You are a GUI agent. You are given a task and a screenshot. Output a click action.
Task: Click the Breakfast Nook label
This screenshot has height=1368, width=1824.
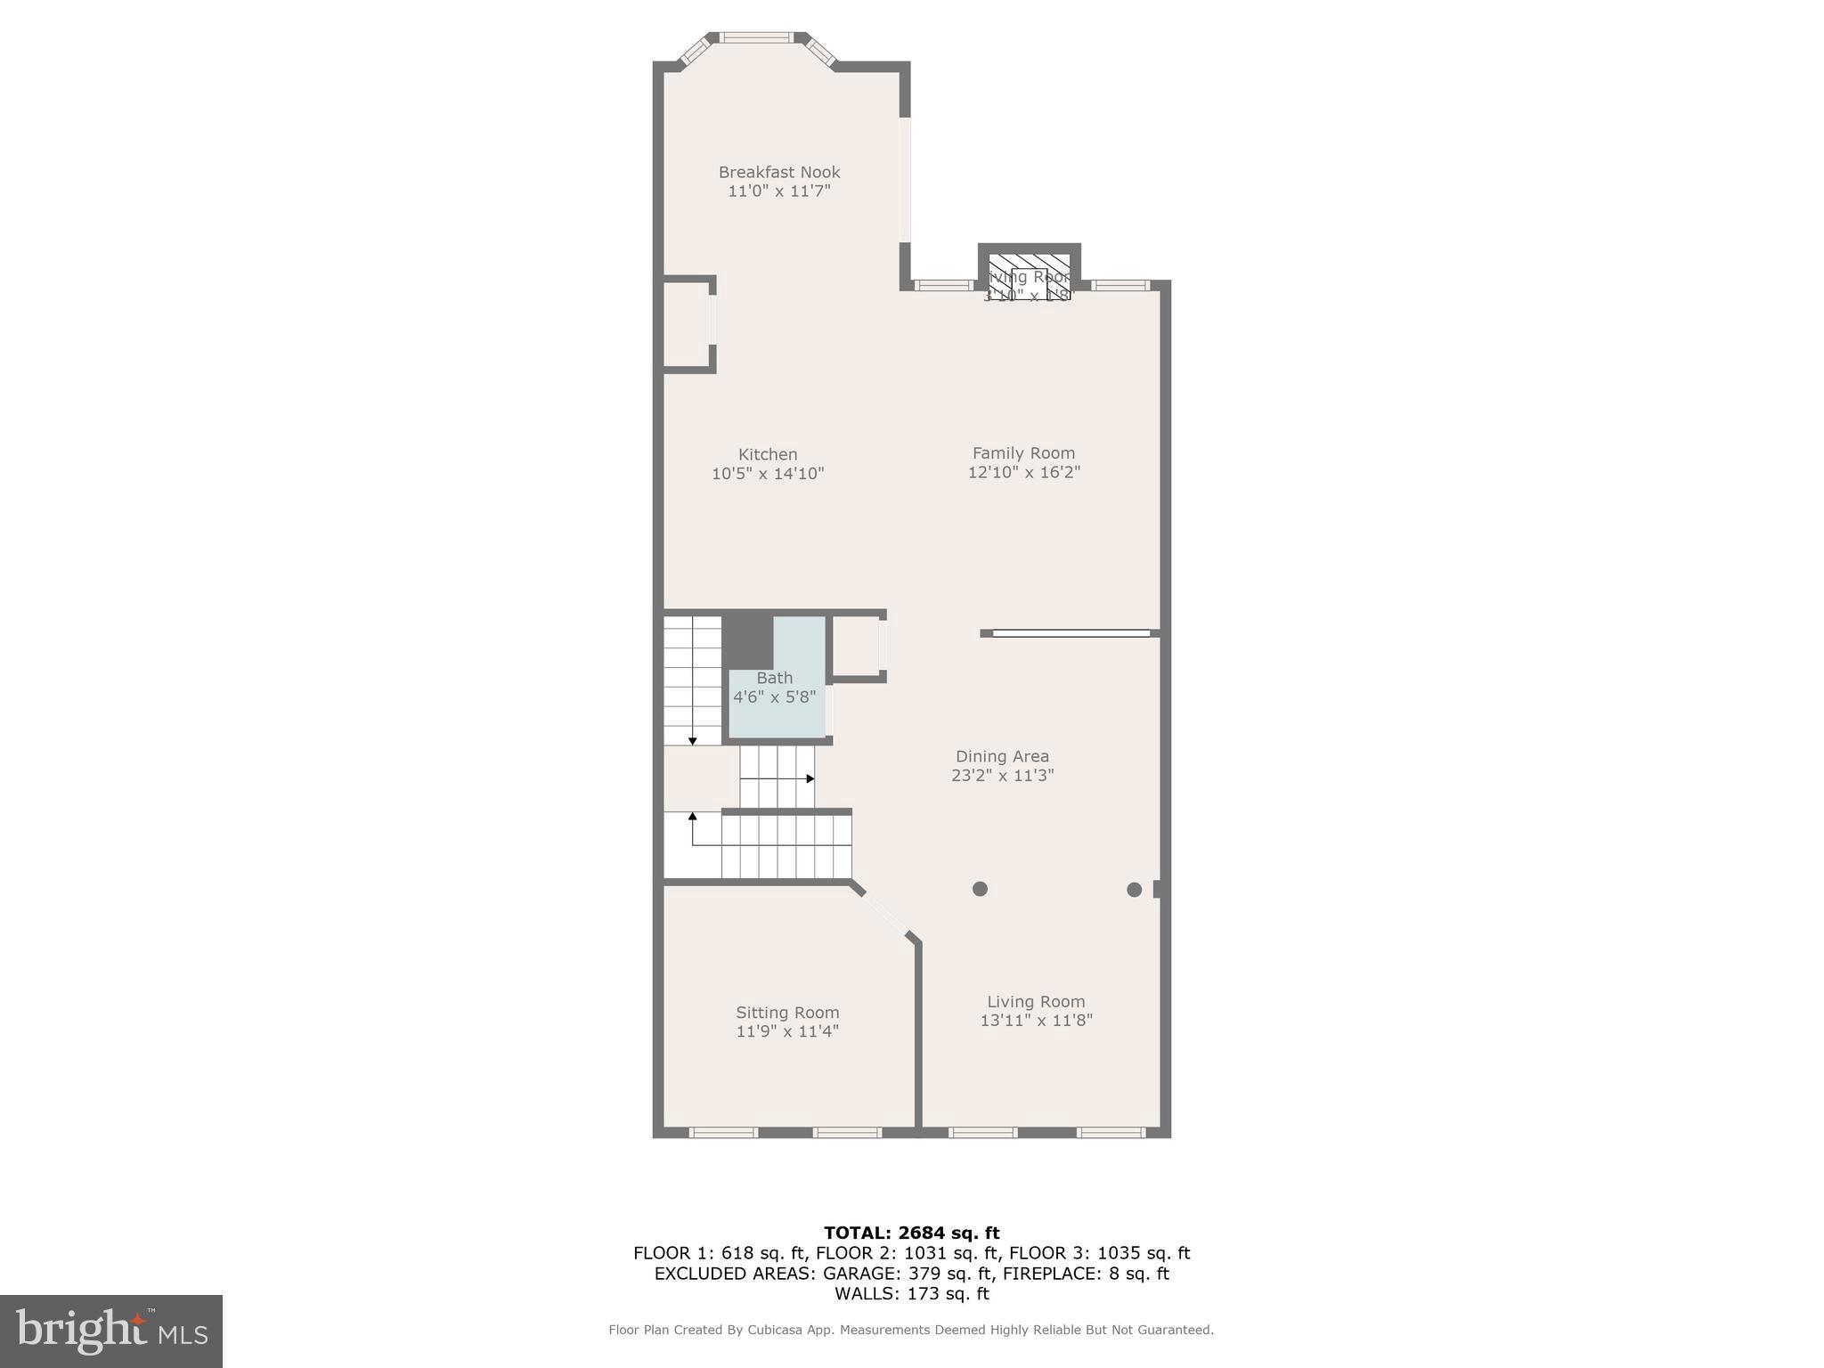779,172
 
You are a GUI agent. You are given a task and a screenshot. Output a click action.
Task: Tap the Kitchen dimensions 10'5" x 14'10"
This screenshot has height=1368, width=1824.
768,474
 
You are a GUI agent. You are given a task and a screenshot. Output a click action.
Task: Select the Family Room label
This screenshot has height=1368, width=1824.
1023,453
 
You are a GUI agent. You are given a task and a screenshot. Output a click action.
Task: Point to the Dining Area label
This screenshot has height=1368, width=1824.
1002,756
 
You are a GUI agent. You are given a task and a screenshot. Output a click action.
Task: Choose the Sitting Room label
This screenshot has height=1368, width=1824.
787,1013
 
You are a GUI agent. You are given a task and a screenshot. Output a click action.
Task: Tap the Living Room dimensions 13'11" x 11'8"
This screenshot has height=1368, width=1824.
1036,1021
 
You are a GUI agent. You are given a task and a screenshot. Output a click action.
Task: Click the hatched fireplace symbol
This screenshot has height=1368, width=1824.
1029,275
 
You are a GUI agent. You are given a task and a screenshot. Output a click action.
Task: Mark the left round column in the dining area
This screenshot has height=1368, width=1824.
980,889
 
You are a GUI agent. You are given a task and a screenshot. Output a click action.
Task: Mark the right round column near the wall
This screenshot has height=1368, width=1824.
1134,889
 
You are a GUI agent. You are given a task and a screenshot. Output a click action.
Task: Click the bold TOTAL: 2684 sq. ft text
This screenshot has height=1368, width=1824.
911,1233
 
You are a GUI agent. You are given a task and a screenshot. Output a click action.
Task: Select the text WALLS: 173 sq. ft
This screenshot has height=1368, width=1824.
911,1294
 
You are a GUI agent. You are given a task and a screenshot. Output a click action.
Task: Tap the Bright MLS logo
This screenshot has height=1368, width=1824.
111,1331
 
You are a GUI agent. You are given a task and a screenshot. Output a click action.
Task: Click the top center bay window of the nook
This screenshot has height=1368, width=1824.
755,37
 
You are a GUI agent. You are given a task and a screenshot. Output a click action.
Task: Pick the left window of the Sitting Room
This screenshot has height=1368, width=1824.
723,1133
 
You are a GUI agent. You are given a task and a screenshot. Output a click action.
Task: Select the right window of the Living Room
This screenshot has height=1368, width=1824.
1111,1133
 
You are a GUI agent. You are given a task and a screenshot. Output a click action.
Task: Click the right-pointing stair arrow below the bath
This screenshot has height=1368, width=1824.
810,778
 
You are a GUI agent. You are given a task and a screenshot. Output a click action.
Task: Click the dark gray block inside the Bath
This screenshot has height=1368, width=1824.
746,641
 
